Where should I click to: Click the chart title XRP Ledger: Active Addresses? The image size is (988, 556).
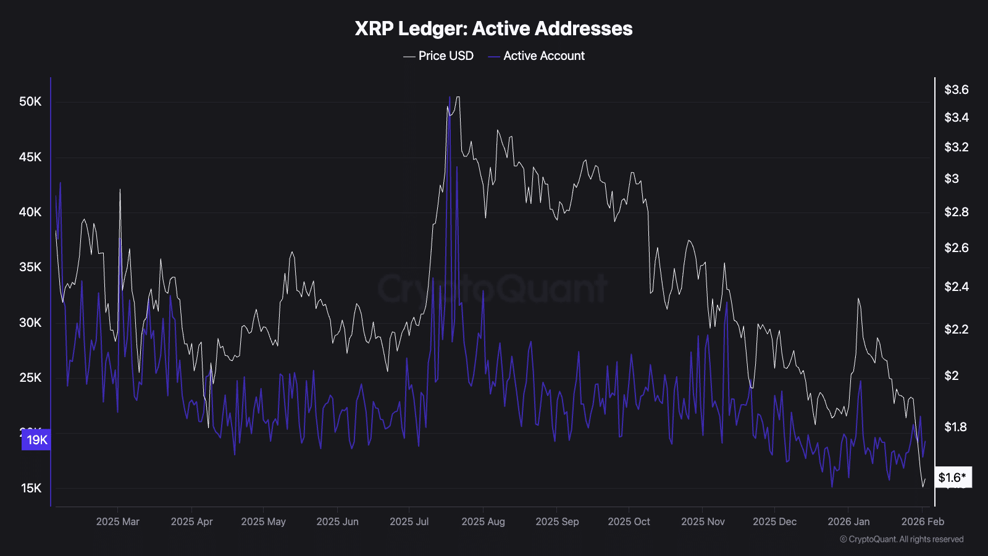[x=493, y=28]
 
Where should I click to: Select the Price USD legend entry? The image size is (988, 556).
[x=439, y=56]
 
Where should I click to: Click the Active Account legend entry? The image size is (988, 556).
[x=537, y=56]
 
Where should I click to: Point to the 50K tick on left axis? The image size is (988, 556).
[x=30, y=101]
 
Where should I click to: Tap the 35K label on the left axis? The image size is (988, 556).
[x=30, y=267]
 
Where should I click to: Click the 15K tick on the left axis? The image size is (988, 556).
[x=31, y=488]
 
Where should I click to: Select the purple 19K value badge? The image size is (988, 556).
[x=36, y=440]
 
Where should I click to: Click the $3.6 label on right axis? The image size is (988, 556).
[x=956, y=90]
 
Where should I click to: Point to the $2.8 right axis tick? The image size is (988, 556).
[x=956, y=212]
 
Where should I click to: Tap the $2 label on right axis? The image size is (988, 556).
[x=952, y=376]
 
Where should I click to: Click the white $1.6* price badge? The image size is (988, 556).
[x=953, y=477]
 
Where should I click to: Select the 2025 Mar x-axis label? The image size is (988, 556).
[x=117, y=521]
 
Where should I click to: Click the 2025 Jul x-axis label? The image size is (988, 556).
[x=409, y=521]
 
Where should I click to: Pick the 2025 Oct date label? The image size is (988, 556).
[x=629, y=521]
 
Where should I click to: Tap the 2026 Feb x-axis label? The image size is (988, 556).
[x=923, y=521]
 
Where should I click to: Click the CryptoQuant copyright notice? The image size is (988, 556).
[x=902, y=539]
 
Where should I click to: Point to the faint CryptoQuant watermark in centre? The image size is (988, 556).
[x=493, y=289]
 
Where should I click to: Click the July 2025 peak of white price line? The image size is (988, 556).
[x=457, y=98]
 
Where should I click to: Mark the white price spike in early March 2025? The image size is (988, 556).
[x=120, y=190]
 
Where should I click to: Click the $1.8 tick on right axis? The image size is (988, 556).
[x=955, y=427]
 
